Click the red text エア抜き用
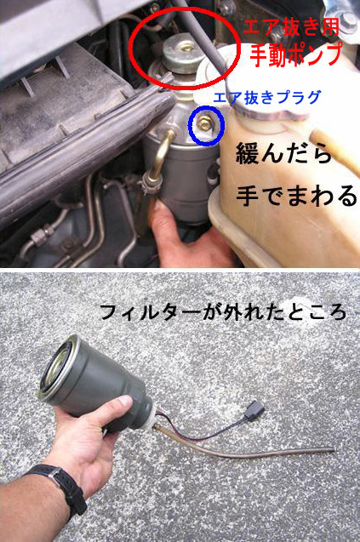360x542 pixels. tap(292, 27)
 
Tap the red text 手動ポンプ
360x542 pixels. tap(296, 54)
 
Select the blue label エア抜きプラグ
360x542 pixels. tap(266, 98)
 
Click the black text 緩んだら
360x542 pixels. tap(283, 154)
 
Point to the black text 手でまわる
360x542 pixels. tap(296, 196)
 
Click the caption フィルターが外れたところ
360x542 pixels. tap(223, 311)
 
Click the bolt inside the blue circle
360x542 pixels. tap(205, 123)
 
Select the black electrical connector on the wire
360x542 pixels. tap(254, 410)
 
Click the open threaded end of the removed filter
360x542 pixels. tap(58, 368)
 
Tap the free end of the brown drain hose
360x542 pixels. tap(333, 450)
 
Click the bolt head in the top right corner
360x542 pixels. tap(348, 20)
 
